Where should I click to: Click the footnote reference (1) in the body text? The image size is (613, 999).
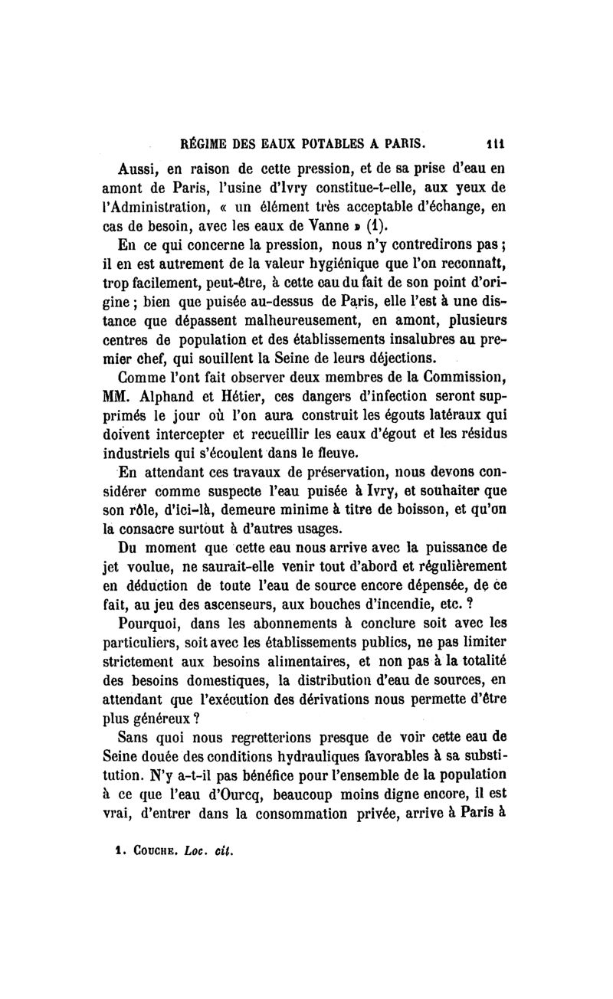coord(356,225)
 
